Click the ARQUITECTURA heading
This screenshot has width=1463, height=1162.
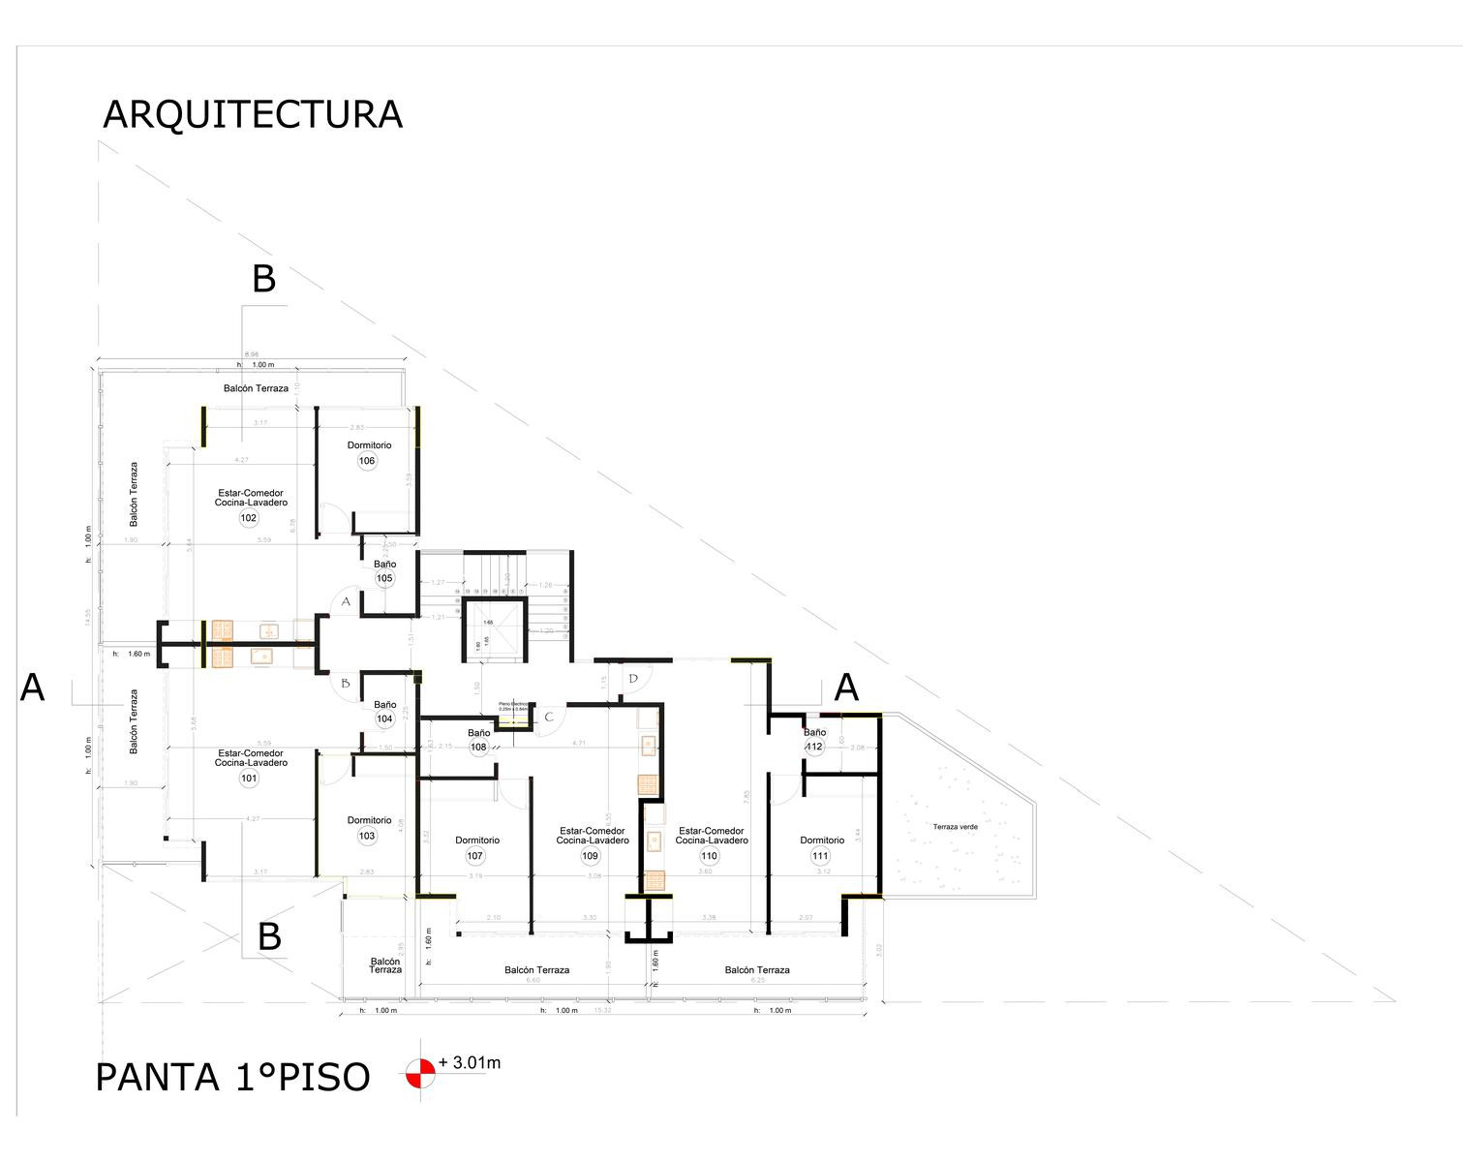[x=252, y=114]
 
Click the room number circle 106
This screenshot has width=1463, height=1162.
[x=367, y=461]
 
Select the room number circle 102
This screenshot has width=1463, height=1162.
[x=249, y=518]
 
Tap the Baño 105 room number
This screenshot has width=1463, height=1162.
[x=384, y=579]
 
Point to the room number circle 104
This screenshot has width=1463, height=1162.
[x=384, y=719]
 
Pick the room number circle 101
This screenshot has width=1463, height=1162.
[x=250, y=779]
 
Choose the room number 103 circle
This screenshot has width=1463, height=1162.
[x=367, y=837]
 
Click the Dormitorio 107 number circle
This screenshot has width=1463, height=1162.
[x=474, y=856]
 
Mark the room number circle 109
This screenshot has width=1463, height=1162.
[x=591, y=856]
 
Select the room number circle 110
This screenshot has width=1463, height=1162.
[x=710, y=856]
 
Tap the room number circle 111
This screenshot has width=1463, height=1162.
[x=821, y=856]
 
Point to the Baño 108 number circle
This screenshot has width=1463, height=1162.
[x=478, y=747]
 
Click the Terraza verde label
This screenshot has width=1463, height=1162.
[x=955, y=827]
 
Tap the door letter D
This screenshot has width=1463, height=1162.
[x=633, y=678]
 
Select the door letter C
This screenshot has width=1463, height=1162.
[x=549, y=718]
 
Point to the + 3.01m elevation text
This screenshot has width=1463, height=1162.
[x=470, y=1063]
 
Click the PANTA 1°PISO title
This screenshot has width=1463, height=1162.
[x=232, y=1078]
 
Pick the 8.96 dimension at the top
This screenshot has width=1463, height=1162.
[x=252, y=354]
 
